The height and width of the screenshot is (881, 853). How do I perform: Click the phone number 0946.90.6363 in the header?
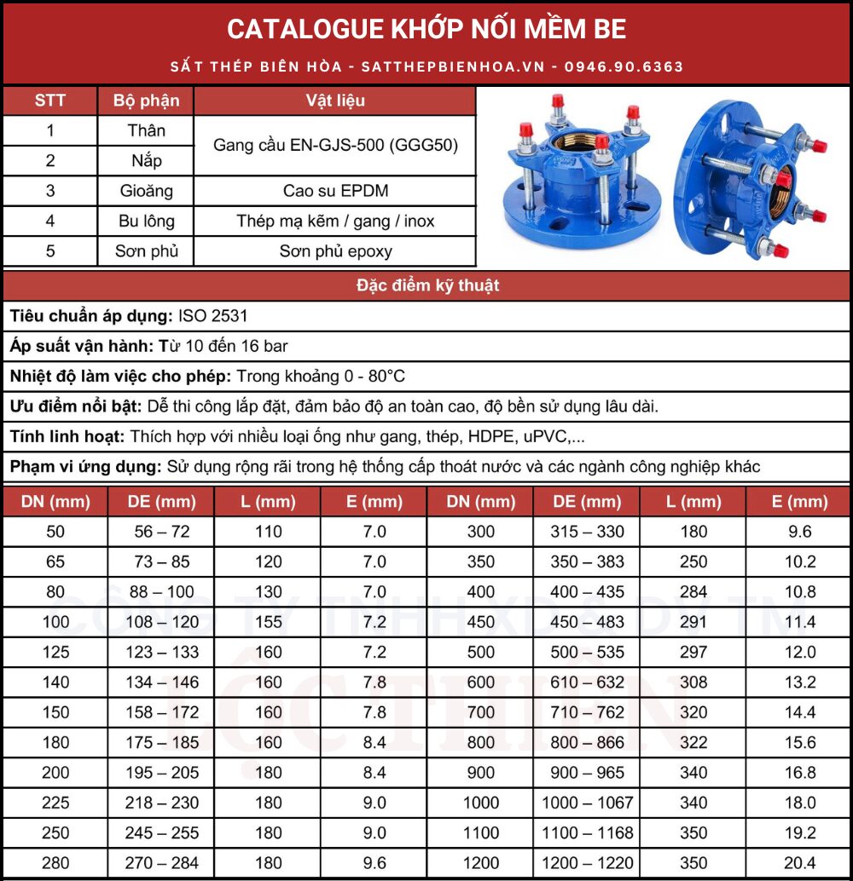pyautogui.click(x=624, y=66)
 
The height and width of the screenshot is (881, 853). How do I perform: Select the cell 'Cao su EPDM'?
pyautogui.click(x=334, y=191)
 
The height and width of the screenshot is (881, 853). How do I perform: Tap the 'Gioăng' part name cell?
pyautogui.click(x=146, y=191)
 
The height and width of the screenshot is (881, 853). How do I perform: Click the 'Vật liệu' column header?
pyautogui.click(x=334, y=101)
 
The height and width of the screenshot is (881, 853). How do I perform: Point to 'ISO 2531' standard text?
pyautogui.click(x=213, y=316)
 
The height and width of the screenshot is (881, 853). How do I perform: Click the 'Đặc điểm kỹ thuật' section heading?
pyautogui.click(x=426, y=285)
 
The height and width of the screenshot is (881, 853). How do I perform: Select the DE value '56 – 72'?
pyautogui.click(x=161, y=532)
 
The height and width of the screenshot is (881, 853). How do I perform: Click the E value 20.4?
pyautogui.click(x=799, y=863)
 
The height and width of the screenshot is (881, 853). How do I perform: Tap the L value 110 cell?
pyautogui.click(x=268, y=532)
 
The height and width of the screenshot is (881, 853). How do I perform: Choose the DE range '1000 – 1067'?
pyautogui.click(x=587, y=803)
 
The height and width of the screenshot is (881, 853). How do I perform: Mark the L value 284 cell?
pyautogui.click(x=693, y=591)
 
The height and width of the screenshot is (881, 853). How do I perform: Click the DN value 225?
pyautogui.click(x=55, y=803)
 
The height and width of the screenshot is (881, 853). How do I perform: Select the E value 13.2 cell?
pyautogui.click(x=799, y=682)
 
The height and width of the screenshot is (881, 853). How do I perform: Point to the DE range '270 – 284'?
pyautogui.click(x=161, y=863)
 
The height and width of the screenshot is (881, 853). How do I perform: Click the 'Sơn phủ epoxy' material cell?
pyautogui.click(x=334, y=251)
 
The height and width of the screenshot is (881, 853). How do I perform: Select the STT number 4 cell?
pyautogui.click(x=50, y=222)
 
